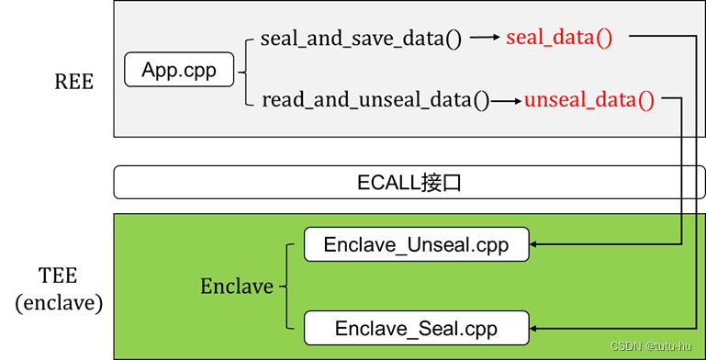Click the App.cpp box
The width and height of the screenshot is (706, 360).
coord(179,70)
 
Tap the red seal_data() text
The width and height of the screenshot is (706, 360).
coord(558,39)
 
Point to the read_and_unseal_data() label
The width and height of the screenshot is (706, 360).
coord(375,99)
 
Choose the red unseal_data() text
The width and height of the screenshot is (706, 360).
coord(588,99)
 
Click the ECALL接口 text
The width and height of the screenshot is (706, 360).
coord(408,182)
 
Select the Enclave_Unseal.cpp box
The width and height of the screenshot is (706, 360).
coord(417,245)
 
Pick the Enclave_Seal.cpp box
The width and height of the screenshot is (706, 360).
coord(417,328)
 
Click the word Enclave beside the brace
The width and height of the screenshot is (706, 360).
coord(237,287)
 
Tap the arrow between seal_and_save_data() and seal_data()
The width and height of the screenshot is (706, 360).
coord(486,39)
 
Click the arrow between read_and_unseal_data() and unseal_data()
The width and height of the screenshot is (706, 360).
coord(506,99)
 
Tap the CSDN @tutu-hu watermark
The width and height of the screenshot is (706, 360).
coord(655,347)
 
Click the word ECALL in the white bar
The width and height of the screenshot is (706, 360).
coord(387,182)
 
